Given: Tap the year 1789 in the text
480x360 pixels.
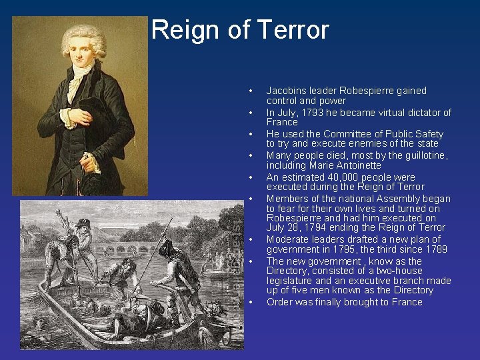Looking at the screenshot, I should coord(435,249).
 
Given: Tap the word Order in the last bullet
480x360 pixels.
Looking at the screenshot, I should coord(279,302).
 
